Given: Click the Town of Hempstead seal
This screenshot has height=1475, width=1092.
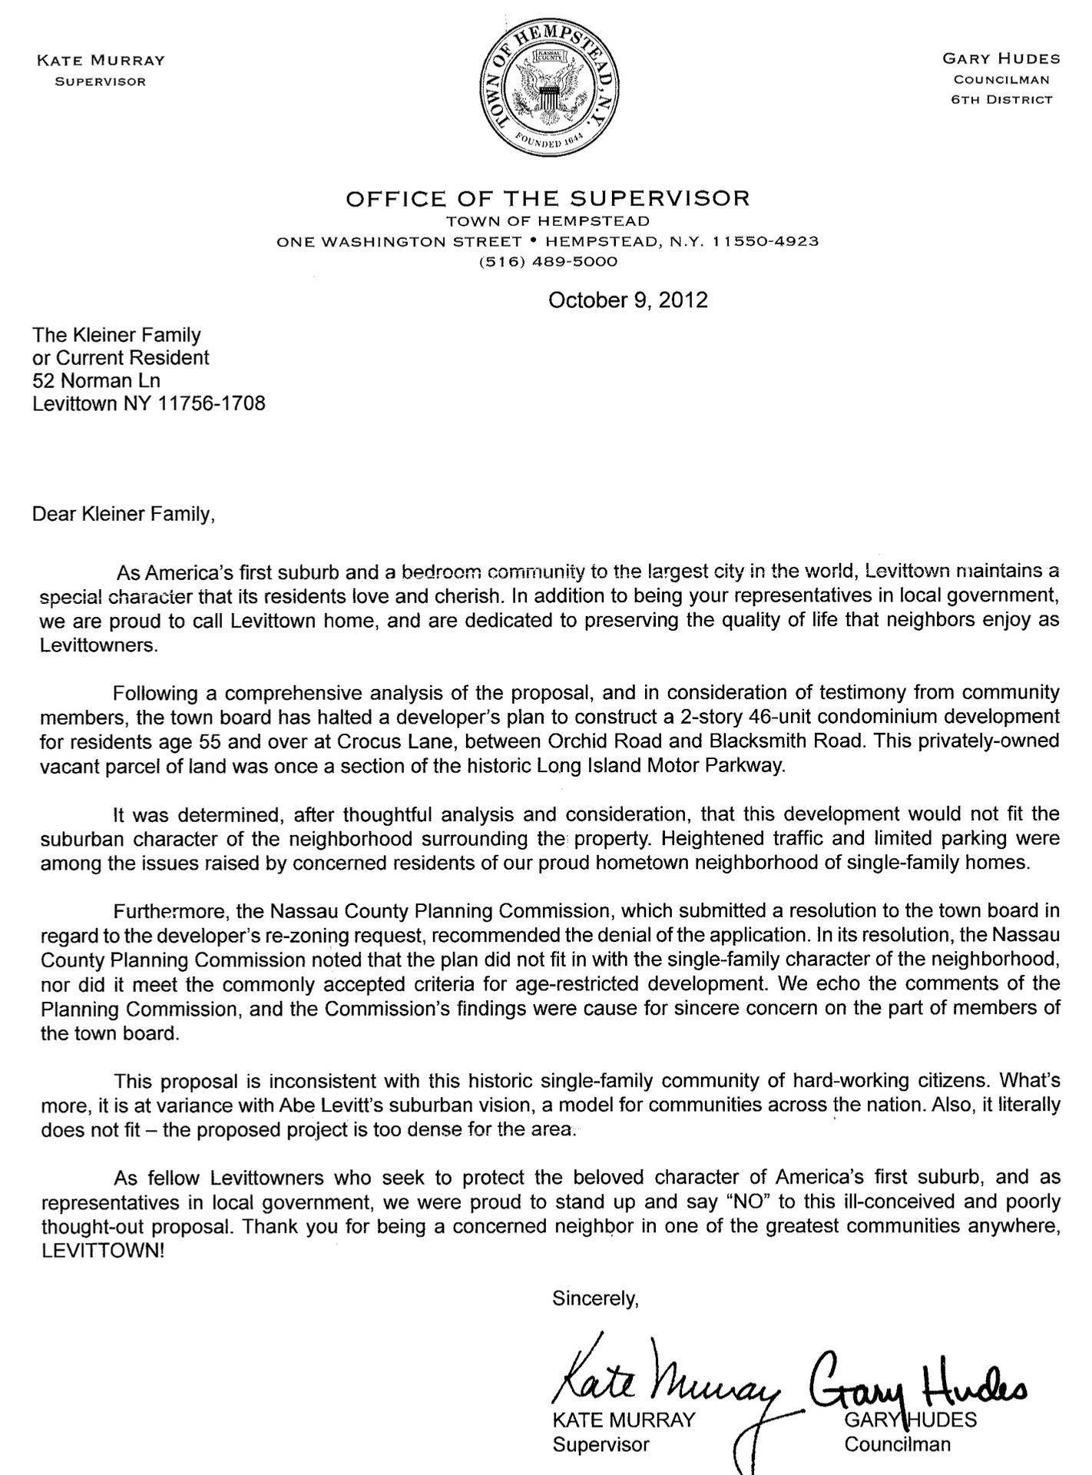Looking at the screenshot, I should tap(547, 87).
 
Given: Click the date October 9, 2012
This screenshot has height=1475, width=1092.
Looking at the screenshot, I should tap(627, 300).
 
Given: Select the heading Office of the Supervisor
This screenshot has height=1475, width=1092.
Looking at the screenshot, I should tap(547, 199).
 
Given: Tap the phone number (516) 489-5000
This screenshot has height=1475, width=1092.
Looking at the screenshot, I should tap(548, 261).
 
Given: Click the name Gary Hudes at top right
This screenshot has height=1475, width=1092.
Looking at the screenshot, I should tap(1001, 59).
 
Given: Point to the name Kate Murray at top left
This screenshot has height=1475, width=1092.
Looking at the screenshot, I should tap(101, 61).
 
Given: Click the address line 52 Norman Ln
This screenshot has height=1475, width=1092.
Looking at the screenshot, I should tap(96, 380).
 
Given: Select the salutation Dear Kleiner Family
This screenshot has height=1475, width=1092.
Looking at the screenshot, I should tap(124, 514).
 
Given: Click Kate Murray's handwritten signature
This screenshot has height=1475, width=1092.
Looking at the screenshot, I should tap(660, 1378).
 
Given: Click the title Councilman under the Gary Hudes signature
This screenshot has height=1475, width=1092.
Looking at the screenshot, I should tap(897, 1444).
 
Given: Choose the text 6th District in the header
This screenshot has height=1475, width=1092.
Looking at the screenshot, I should tap(1001, 99).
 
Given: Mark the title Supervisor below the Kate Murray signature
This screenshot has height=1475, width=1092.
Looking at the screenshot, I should tap(601, 1444).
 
